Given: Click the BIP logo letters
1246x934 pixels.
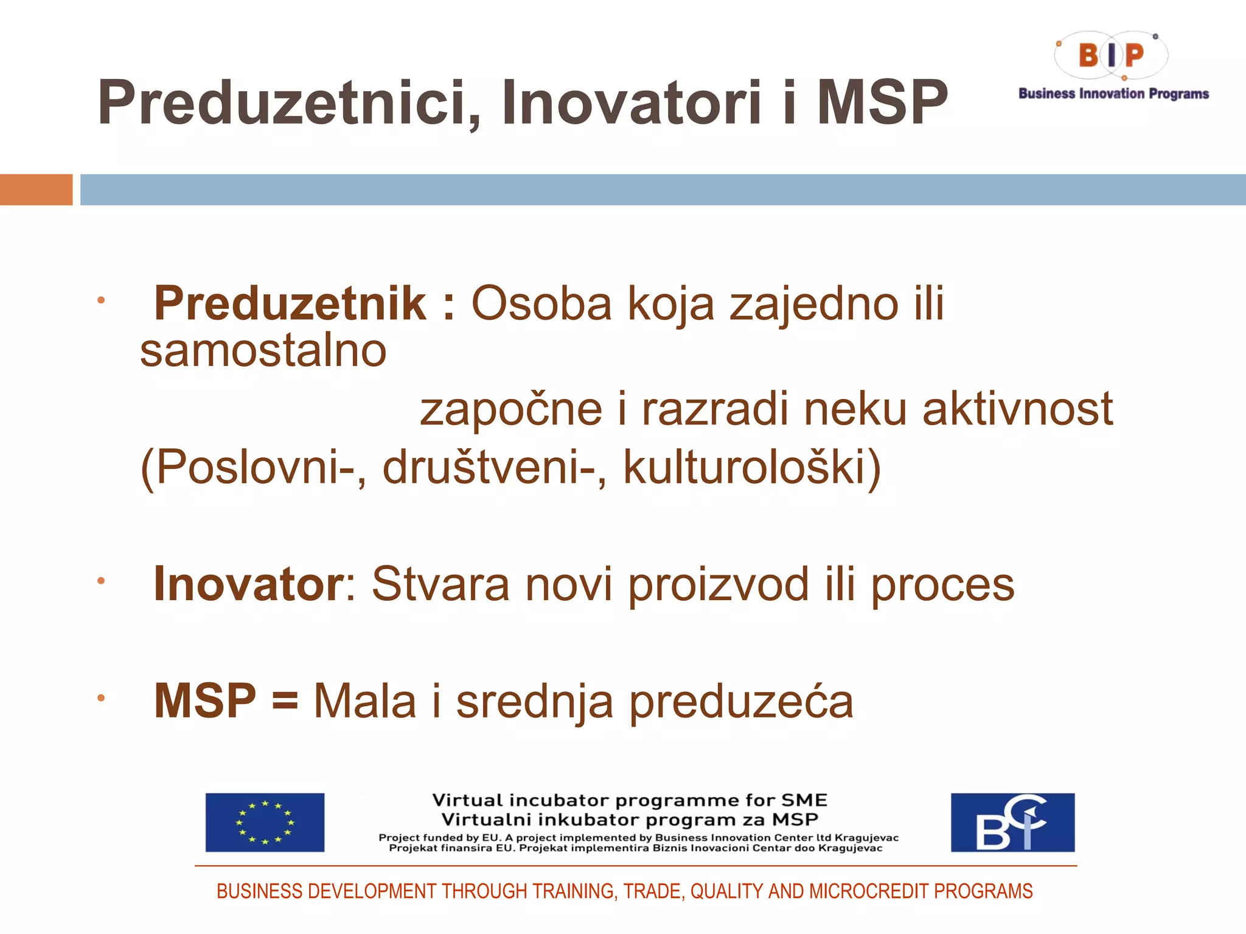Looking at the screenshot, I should coord(1111,55).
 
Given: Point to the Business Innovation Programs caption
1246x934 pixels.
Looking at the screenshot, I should coord(1113,94).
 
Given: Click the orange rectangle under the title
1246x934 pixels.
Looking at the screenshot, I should coord(36,190).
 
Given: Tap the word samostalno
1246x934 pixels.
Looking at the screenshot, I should coord(263,351).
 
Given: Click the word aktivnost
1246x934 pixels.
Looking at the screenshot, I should coord(1017,409).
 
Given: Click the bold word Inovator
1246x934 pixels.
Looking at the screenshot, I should coord(249,584).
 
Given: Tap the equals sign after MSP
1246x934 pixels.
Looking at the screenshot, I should coord(285,700).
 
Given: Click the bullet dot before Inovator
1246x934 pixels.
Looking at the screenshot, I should coord(101,581).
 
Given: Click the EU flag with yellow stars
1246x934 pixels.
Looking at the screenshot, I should coord(265,822).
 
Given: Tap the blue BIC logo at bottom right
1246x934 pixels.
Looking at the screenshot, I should coord(1012,822).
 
